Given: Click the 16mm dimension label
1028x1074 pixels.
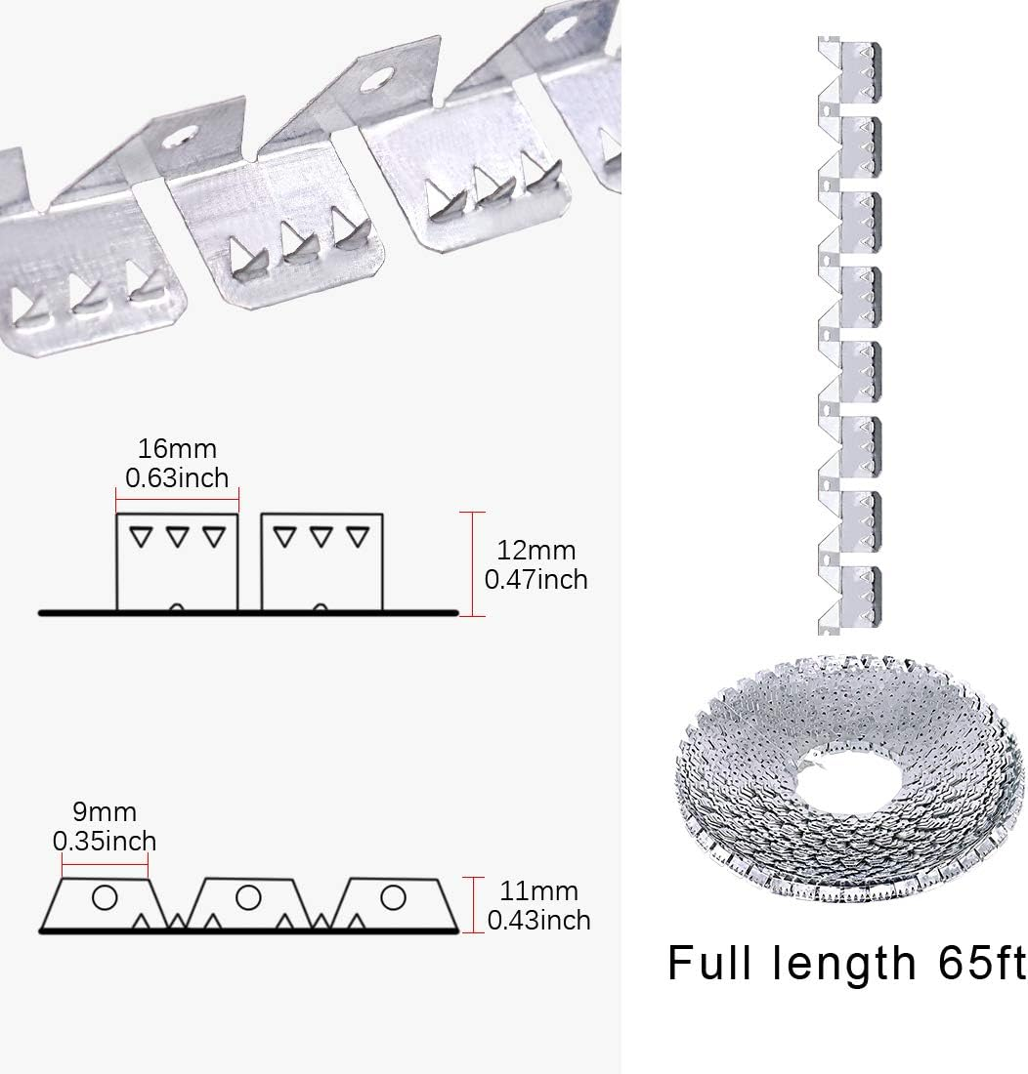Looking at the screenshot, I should pyautogui.click(x=177, y=449).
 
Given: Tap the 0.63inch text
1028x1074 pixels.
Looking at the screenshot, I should pyautogui.click(x=177, y=477).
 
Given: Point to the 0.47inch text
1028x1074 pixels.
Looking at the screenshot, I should pyautogui.click(x=536, y=579).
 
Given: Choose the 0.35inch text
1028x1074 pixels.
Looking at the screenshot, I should pyautogui.click(x=105, y=840).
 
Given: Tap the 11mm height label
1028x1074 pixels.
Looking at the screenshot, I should pyautogui.click(x=533, y=890).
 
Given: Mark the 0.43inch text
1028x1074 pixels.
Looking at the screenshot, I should pyautogui.click(x=538, y=919).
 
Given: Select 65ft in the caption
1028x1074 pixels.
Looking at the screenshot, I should pyautogui.click(x=972, y=964).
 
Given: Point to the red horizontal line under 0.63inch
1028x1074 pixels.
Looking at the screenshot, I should pyautogui.click(x=177, y=499).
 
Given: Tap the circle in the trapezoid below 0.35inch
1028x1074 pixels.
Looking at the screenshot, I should pyautogui.click(x=104, y=895).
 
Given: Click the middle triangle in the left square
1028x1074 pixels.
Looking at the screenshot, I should pyautogui.click(x=177, y=535).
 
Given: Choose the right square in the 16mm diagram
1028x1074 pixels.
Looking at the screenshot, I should pyautogui.click(x=321, y=561).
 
